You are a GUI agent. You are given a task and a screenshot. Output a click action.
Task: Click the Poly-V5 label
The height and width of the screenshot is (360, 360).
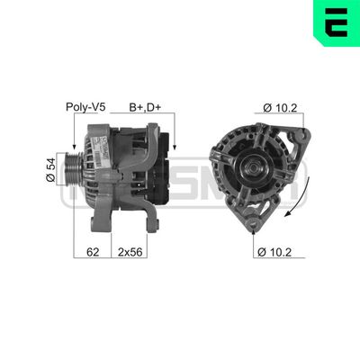[86, 108]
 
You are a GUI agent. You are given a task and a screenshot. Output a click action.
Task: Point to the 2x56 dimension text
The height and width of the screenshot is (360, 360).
[130, 254]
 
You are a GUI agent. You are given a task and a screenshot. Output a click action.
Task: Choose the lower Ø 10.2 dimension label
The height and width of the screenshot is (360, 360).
[279, 254]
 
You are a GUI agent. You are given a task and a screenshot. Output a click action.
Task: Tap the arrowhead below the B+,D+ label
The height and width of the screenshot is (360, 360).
[174, 148]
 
